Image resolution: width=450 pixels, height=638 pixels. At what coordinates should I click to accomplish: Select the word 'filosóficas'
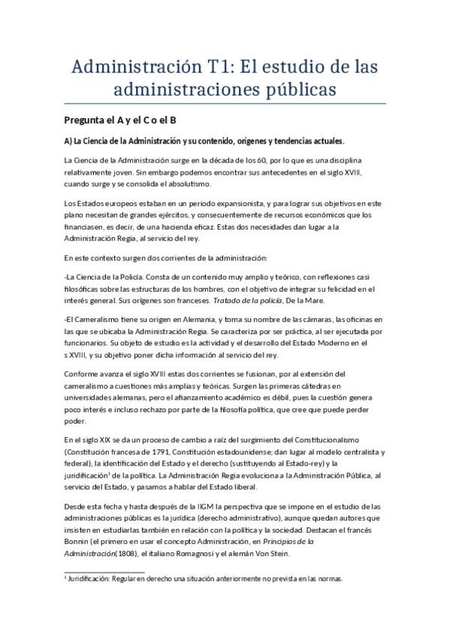tap(85, 288)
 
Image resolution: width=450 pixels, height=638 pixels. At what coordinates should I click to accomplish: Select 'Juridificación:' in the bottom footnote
tap(94, 579)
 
